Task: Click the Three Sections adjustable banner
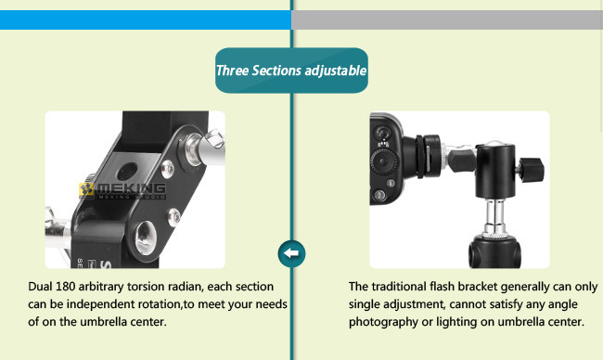(291, 71)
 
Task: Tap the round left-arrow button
(291, 253)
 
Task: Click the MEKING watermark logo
(122, 190)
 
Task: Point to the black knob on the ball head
(531, 168)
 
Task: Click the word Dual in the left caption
(40, 287)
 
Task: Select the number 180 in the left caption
(65, 287)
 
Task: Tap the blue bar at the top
(146, 19)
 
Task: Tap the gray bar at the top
(447, 19)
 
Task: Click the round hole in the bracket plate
(127, 172)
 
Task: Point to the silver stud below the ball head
(494, 216)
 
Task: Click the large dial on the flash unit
(383, 162)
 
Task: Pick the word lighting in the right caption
(456, 322)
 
